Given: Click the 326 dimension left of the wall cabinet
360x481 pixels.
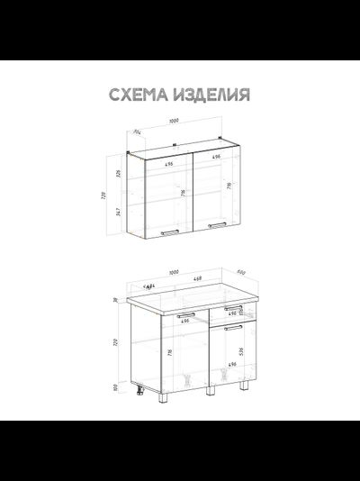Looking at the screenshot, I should tap(117, 173).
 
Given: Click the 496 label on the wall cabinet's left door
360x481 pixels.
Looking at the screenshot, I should tap(169, 165).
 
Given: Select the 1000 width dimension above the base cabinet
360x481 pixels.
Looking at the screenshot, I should tap(174, 272).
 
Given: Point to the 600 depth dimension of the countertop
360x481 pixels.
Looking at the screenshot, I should tap(241, 273).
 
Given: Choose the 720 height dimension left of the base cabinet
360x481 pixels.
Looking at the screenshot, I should tap(115, 342).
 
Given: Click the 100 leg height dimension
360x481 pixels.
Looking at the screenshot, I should tap(115, 388).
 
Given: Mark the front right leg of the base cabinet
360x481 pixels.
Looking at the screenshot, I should tap(244, 386).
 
